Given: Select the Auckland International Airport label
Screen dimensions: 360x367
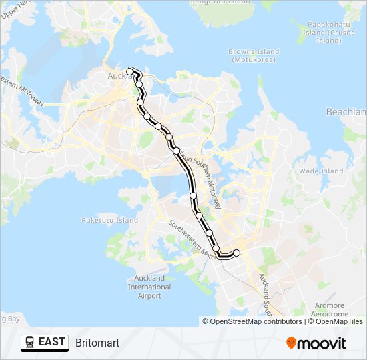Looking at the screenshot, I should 149,287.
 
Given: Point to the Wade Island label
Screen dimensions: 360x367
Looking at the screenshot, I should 320,171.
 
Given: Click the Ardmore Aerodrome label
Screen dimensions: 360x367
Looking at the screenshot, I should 330,309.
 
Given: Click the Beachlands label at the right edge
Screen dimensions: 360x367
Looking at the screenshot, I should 348,112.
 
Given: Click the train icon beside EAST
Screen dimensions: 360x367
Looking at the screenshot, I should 30,343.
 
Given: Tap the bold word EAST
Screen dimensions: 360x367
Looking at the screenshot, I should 52,342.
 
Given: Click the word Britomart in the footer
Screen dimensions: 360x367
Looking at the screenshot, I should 97,343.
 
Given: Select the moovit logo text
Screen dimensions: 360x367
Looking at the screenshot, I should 323,343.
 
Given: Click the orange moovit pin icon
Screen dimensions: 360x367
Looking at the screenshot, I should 292,343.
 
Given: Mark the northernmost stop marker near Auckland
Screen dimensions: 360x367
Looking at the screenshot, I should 129,71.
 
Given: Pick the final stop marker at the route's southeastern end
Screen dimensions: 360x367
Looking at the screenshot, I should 236,253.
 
